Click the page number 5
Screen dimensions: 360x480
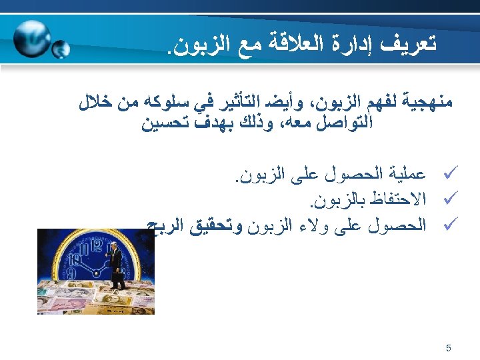pyautogui.click(x=448, y=347)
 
